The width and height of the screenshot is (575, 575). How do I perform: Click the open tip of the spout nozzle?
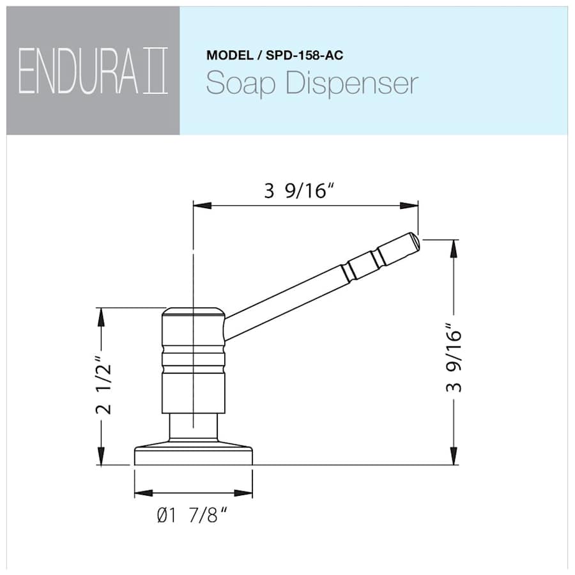tap(415, 241)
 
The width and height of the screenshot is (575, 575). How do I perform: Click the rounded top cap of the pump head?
tap(192, 313)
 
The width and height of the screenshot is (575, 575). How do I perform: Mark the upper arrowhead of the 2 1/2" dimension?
tap(101, 316)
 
